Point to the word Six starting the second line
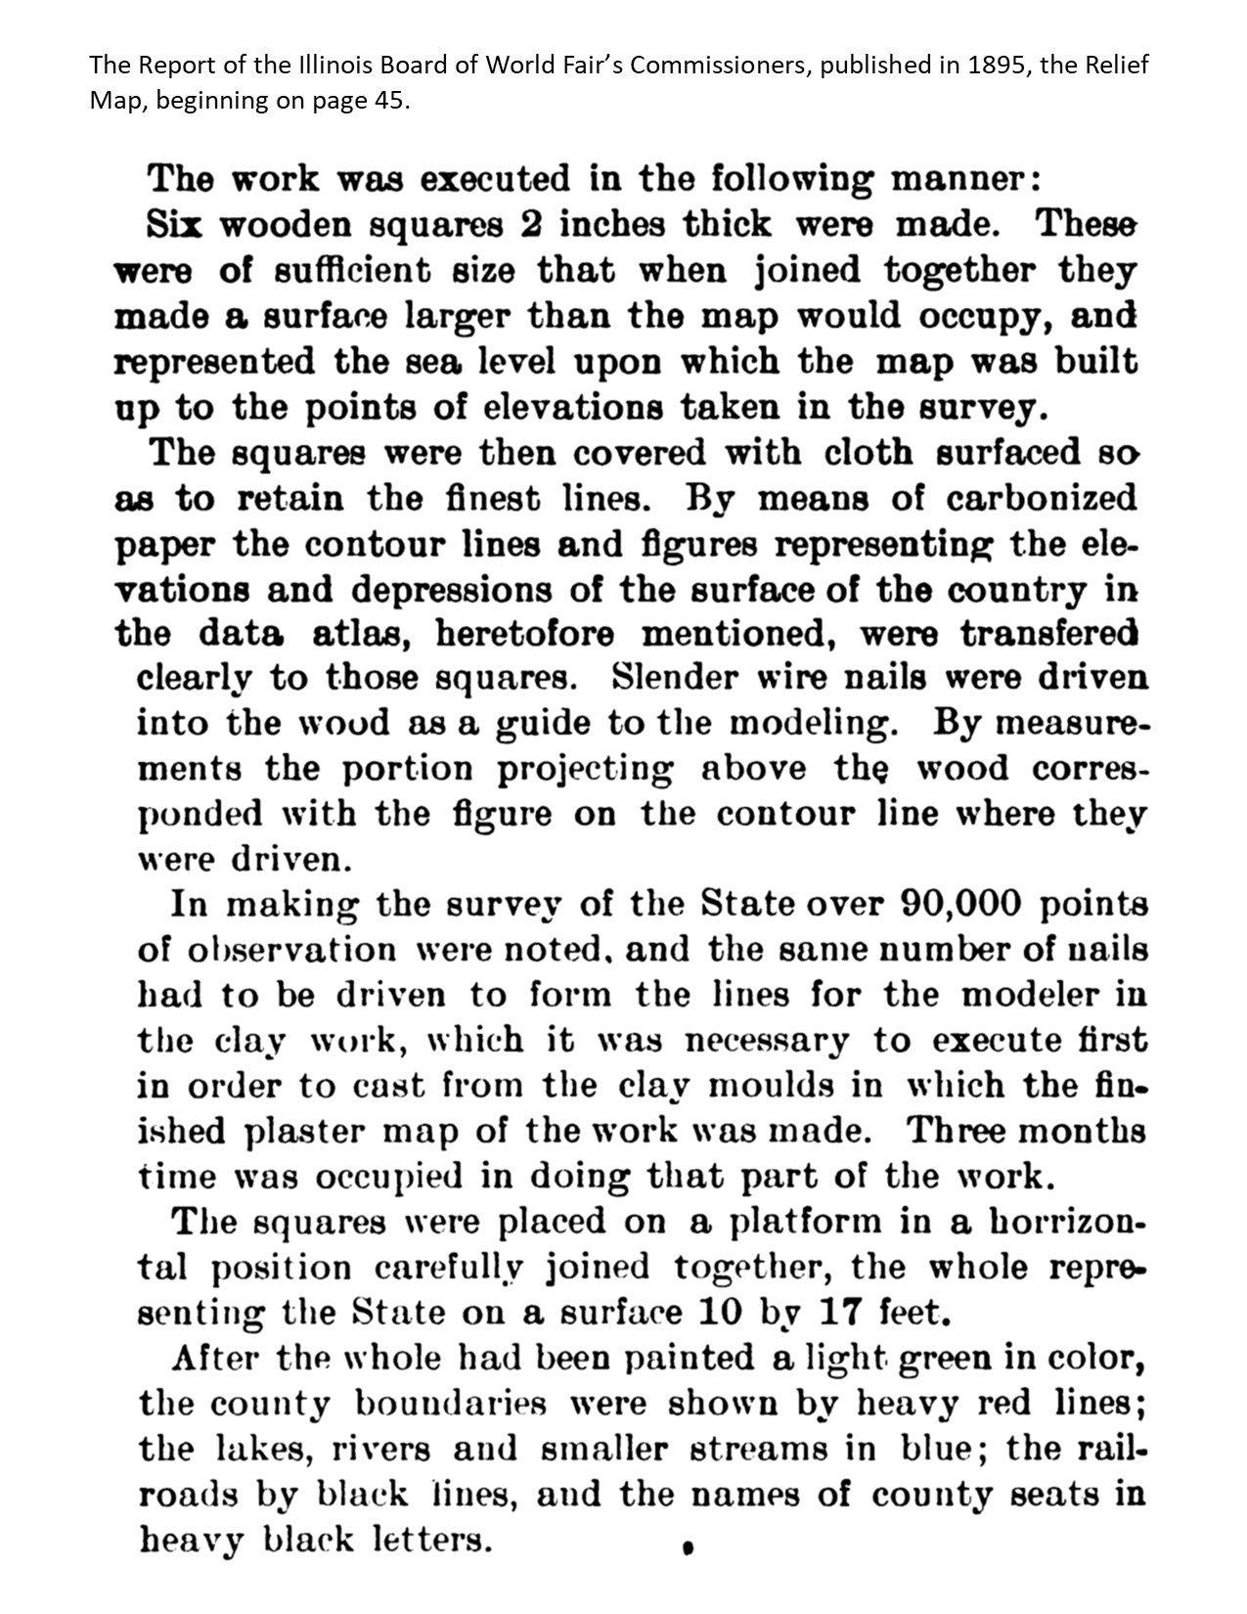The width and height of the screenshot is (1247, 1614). (x=176, y=225)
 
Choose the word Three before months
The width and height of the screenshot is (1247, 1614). (x=956, y=1131)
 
